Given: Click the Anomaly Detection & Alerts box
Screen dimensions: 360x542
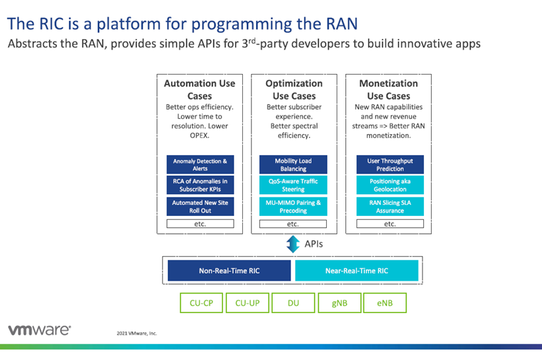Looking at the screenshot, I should click(x=200, y=164).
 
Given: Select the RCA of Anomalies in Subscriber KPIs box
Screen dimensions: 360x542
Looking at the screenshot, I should click(x=200, y=185).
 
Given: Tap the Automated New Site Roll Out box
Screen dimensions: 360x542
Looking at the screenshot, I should click(x=200, y=206).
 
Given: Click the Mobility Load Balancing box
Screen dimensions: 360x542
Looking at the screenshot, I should click(x=293, y=164).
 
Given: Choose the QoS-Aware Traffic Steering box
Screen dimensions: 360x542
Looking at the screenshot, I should click(x=293, y=185).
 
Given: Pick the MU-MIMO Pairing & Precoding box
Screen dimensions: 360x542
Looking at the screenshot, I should click(x=293, y=206).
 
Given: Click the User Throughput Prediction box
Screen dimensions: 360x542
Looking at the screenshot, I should click(x=390, y=164).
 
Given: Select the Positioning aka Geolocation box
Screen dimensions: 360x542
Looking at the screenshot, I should click(x=390, y=185).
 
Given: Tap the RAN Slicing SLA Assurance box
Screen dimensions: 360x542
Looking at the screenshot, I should click(x=390, y=206).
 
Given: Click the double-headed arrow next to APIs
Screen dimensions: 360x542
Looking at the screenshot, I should click(x=292, y=244).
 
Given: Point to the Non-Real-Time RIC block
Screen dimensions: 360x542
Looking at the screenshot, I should click(x=228, y=270).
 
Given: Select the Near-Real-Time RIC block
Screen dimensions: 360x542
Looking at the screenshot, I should click(x=356, y=270).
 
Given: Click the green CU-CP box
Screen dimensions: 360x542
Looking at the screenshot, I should click(x=201, y=303).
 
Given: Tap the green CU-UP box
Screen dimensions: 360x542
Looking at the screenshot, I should click(x=247, y=303).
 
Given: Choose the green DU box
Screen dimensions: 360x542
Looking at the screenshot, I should click(x=293, y=303).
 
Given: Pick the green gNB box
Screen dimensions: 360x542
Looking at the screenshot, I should click(x=339, y=303).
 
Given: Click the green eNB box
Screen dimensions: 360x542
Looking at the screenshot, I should click(x=385, y=303).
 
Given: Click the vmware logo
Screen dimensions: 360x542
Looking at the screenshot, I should click(x=40, y=330).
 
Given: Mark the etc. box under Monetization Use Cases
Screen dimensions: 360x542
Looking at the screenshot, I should click(x=390, y=224).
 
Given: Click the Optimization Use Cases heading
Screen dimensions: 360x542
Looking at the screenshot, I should click(x=294, y=89).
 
